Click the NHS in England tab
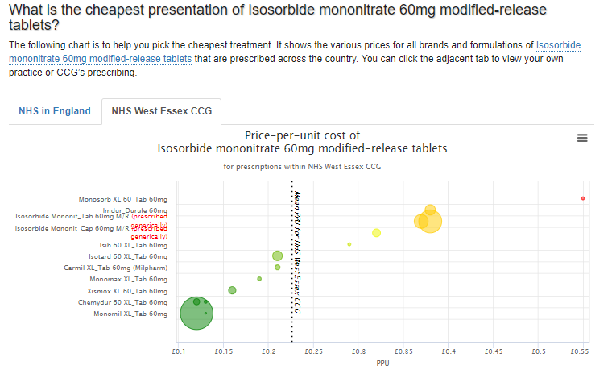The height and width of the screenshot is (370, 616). pyautogui.click(x=55, y=111)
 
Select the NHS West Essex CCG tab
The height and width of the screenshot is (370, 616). pyautogui.click(x=161, y=111)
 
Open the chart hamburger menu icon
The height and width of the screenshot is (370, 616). pyautogui.click(x=583, y=138)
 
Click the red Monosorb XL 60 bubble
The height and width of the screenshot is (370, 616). pyautogui.click(x=583, y=198)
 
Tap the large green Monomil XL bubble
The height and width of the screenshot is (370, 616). pyautogui.click(x=196, y=314)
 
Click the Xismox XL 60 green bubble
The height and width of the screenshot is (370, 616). pyautogui.click(x=232, y=290)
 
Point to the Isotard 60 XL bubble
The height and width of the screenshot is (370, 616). pyautogui.click(x=278, y=256)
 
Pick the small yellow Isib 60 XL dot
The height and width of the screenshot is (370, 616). pyautogui.click(x=349, y=244)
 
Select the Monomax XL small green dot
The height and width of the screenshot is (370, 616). pyautogui.click(x=259, y=279)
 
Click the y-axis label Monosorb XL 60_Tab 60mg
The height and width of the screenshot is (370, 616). pyautogui.click(x=123, y=199)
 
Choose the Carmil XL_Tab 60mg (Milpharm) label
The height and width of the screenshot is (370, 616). pyautogui.click(x=116, y=268)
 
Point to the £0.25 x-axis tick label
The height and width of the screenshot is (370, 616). pyautogui.click(x=313, y=352)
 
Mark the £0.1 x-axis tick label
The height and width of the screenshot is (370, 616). pyautogui.click(x=180, y=352)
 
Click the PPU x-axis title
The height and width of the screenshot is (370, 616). pyautogui.click(x=382, y=363)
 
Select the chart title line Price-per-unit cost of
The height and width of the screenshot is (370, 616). pyautogui.click(x=302, y=135)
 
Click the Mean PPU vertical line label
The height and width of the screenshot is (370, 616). pyautogui.click(x=297, y=250)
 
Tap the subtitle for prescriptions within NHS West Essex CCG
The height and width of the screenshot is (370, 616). pyautogui.click(x=302, y=167)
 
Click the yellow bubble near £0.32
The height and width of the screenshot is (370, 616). pyautogui.click(x=376, y=233)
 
